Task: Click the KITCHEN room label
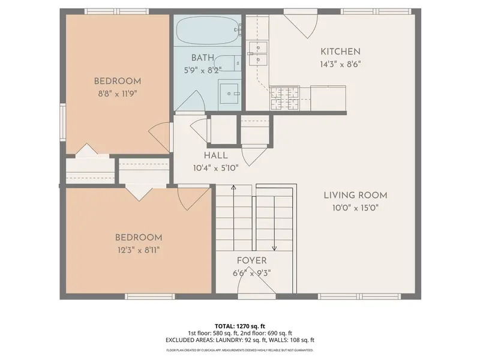(340, 52)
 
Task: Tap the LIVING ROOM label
(355, 196)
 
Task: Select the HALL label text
(216, 155)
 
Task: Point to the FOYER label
(251, 260)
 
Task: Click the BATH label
(203, 58)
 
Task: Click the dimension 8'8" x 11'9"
(117, 94)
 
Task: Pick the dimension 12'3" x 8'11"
(139, 250)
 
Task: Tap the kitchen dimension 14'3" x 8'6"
(340, 64)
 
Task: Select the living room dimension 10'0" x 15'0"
(355, 208)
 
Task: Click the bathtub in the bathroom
(209, 31)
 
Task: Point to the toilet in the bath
(227, 64)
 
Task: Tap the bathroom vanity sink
(229, 94)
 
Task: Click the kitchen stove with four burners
(284, 98)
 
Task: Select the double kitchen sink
(258, 54)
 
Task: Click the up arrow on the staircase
(233, 218)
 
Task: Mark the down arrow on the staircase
(274, 223)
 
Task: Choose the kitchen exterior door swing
(302, 25)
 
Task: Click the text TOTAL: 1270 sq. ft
(239, 326)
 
